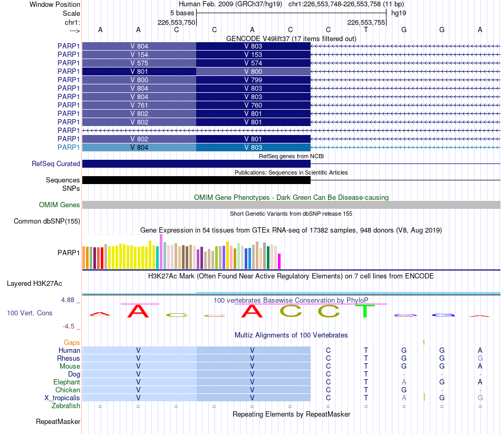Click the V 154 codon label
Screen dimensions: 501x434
tap(139, 55)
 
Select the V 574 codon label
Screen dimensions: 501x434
tap(253, 63)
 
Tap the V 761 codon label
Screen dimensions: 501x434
tap(139, 105)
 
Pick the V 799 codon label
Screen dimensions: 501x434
tap(253, 80)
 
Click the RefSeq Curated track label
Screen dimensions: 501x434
tap(56, 163)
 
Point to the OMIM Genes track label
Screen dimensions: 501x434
tap(60, 205)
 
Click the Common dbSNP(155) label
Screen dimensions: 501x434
tap(47, 221)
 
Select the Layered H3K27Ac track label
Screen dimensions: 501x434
tap(34, 284)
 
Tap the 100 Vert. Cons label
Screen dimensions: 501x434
tap(30, 313)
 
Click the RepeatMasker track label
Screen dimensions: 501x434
tap(58, 421)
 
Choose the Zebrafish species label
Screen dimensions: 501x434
tap(66, 406)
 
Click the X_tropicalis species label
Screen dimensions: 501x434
tap(62, 398)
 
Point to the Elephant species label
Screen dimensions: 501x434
tap(67, 382)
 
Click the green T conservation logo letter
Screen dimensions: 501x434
tap(365, 311)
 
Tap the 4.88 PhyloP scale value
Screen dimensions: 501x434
tap(68, 300)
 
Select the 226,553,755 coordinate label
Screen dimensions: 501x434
tap(366, 22)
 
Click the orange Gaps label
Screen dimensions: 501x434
tap(72, 342)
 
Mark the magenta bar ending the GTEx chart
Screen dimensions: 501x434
tap(280, 261)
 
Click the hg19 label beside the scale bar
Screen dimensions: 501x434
tap(399, 13)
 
